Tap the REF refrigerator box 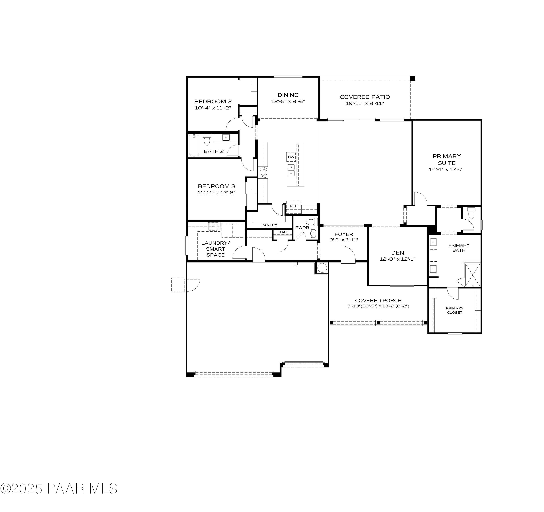pos(293,206)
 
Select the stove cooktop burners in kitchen pos(263,172)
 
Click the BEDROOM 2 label pos(213,101)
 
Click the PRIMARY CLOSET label pos(455,310)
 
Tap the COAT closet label pos(282,232)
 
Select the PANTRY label pos(269,225)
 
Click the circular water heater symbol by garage pos(322,268)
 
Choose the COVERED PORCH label pos(378,300)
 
